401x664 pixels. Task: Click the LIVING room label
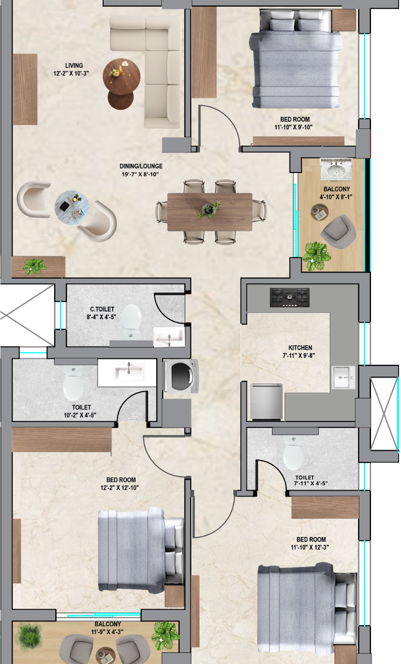click(x=74, y=66)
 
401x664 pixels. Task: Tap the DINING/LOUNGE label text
click(x=141, y=166)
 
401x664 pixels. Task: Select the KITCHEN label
click(x=300, y=348)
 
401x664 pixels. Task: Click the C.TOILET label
click(x=102, y=309)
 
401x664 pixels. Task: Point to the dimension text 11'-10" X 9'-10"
click(x=293, y=127)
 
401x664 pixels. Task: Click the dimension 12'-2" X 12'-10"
click(x=119, y=488)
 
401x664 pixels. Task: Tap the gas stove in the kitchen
click(x=289, y=297)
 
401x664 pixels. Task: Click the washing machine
click(x=182, y=376)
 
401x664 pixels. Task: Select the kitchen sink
click(x=344, y=377)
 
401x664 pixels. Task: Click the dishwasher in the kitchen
click(x=266, y=402)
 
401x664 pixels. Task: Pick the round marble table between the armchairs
click(x=72, y=208)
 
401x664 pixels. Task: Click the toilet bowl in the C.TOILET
click(x=131, y=322)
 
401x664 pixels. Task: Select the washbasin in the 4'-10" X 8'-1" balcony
click(x=336, y=170)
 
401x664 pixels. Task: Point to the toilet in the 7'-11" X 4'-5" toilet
click(x=293, y=452)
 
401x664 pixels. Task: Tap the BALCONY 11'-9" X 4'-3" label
click(x=107, y=628)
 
